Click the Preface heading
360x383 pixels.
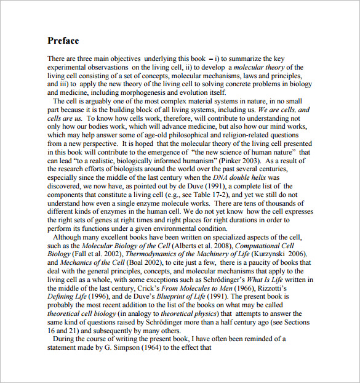(63, 41)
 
